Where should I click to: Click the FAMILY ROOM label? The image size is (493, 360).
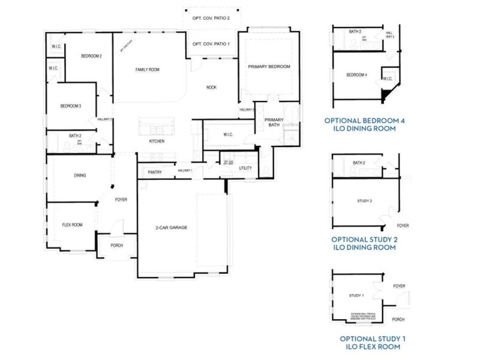(x=147, y=70)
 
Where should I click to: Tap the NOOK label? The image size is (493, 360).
(x=211, y=88)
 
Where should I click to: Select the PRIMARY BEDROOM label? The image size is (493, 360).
(x=269, y=67)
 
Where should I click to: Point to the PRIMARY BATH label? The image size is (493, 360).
(x=273, y=122)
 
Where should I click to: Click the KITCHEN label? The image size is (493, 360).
(x=157, y=141)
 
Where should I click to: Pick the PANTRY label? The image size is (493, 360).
(x=154, y=172)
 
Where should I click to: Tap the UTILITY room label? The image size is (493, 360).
(x=245, y=168)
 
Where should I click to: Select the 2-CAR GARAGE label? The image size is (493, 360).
(x=172, y=228)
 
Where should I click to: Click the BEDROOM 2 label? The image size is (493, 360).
(x=91, y=56)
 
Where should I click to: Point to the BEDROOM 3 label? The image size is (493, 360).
(x=71, y=106)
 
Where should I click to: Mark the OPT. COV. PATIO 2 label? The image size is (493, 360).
(x=211, y=19)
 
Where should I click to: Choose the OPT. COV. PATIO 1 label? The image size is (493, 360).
(x=211, y=44)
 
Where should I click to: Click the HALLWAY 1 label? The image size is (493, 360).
(x=184, y=171)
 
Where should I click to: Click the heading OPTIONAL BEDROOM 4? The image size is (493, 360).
(x=364, y=120)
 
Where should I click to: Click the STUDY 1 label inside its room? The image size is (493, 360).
(x=356, y=296)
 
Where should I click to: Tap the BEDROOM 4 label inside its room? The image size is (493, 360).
(x=356, y=75)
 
